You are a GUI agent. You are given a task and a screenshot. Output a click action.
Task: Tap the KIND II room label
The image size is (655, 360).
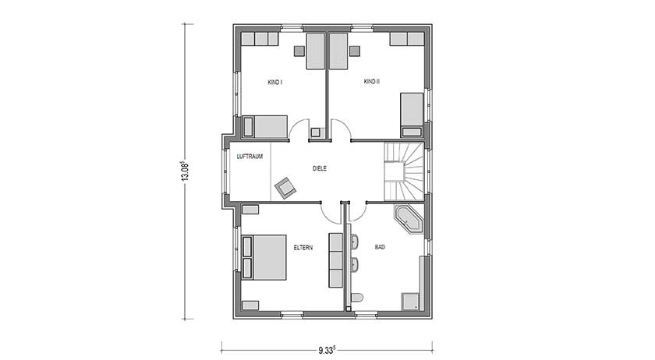click(x=371, y=81)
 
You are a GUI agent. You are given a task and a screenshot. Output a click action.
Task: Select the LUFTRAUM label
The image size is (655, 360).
click(x=250, y=157)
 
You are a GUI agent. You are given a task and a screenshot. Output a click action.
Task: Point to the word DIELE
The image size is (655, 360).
click(x=319, y=168)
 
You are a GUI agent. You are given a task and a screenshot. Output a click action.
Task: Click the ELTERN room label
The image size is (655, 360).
click(x=303, y=248)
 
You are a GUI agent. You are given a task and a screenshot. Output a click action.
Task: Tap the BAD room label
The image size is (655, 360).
click(x=381, y=248)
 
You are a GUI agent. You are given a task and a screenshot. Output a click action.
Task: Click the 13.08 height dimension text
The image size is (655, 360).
click(x=185, y=171)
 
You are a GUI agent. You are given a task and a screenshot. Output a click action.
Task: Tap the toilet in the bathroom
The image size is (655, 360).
click(x=357, y=298)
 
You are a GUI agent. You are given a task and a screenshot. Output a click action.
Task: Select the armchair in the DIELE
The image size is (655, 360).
click(x=285, y=186)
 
